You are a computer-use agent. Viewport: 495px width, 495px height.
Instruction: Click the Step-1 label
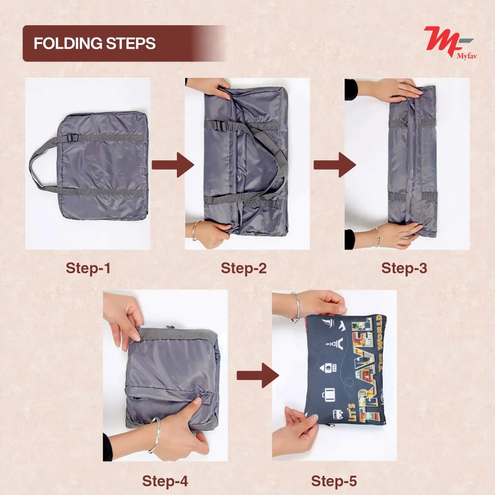point(88,268)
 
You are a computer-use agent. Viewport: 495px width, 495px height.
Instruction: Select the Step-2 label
point(243,268)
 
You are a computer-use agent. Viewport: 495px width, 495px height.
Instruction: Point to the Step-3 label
point(404,268)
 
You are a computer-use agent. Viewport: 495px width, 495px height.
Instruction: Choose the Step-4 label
point(165,481)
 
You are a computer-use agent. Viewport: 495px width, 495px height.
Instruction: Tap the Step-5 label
point(334,481)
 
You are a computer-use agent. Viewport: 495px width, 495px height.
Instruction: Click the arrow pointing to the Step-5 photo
point(258,376)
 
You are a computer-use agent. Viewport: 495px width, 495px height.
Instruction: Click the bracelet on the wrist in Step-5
point(297,306)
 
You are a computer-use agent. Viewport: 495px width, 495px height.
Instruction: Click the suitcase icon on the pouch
point(329,393)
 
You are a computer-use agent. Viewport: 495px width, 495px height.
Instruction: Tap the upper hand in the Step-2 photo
point(211,87)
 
